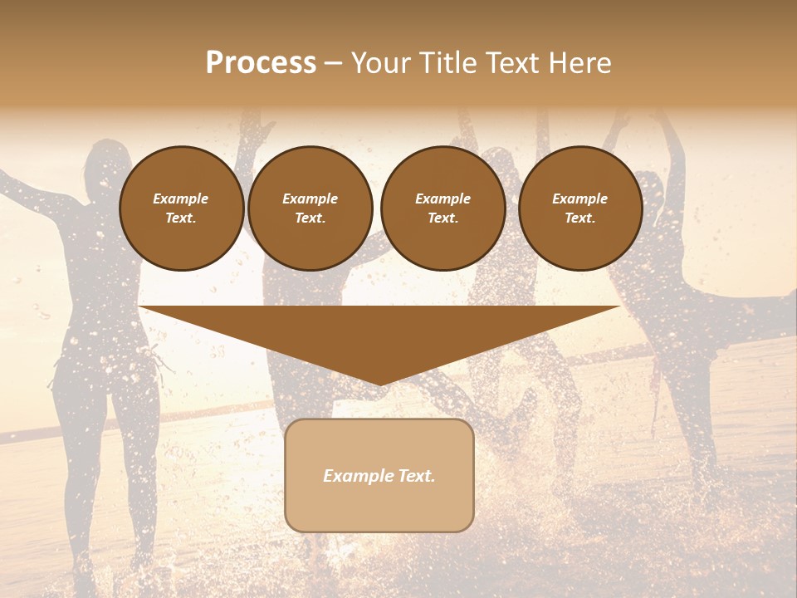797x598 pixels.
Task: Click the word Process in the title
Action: [x=261, y=63]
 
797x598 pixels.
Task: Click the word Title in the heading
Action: [x=443, y=63]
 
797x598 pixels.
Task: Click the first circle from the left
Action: [x=181, y=208]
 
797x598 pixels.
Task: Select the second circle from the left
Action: [x=310, y=208]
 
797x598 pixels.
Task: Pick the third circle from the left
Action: [x=443, y=208]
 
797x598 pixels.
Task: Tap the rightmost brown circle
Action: [x=579, y=208]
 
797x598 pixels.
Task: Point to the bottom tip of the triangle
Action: [x=379, y=384]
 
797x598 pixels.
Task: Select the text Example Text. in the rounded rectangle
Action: [x=379, y=476]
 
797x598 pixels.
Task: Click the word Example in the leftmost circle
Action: [x=181, y=199]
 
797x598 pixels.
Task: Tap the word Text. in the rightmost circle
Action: [x=579, y=218]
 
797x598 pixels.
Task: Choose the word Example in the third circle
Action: [x=443, y=199]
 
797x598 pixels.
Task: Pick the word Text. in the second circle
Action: [x=310, y=218]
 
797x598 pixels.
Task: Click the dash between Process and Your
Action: [x=334, y=63]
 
